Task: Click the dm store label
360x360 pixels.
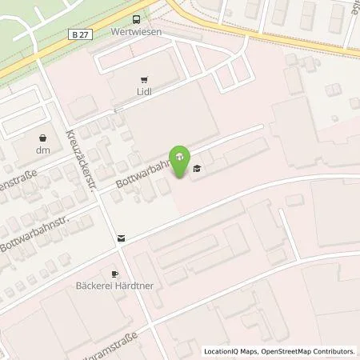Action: click(x=42, y=150)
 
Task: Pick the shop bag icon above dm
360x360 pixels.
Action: click(x=42, y=136)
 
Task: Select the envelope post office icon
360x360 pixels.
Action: click(x=121, y=238)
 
